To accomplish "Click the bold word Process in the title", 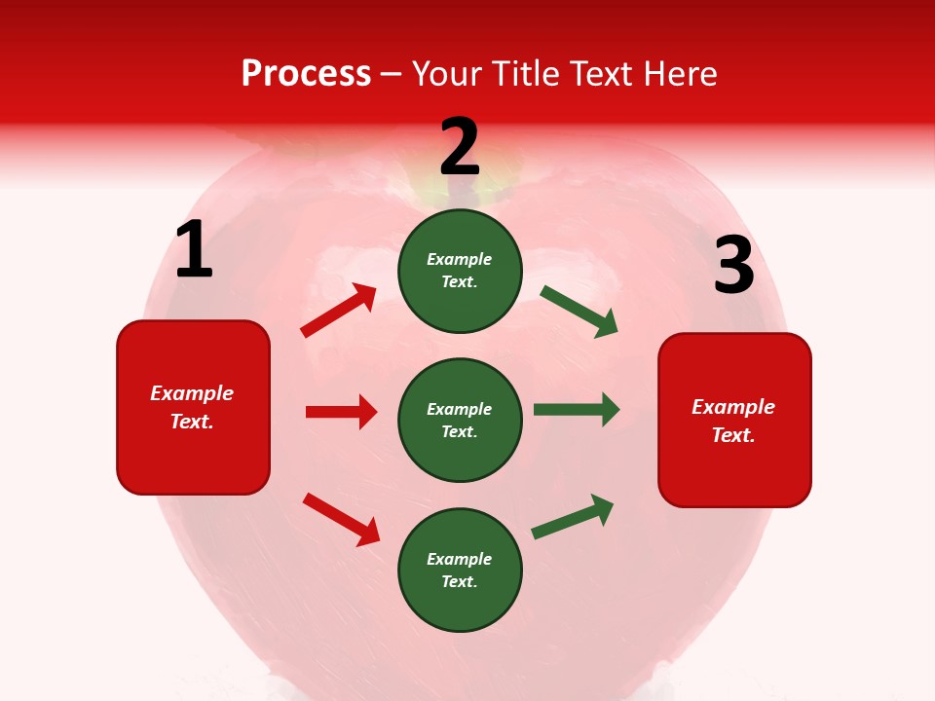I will click(306, 74).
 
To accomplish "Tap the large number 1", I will click(194, 250).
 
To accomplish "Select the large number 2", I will click(460, 147).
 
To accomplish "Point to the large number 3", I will click(733, 266).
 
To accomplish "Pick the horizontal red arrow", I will click(341, 412).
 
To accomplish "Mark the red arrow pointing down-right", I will click(341, 519).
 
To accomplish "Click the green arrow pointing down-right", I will click(579, 312).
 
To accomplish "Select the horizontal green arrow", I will click(577, 410).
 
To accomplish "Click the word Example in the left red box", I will click(192, 393).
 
